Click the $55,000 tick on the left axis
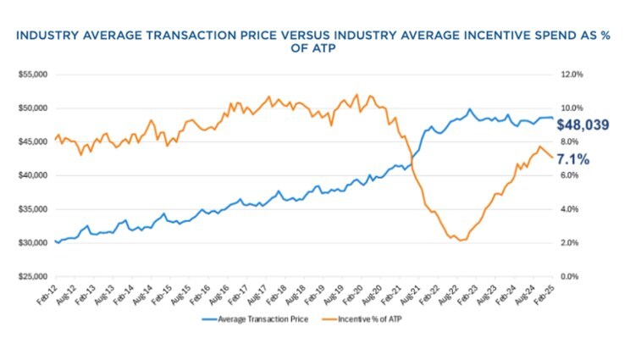click(x=30, y=75)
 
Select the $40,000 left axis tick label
click(x=30, y=175)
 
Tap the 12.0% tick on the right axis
click(x=572, y=75)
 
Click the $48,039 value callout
click(x=583, y=125)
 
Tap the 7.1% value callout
click(x=573, y=159)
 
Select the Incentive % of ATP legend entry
click(x=378, y=318)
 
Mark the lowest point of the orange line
click(x=460, y=241)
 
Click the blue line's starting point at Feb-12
click(x=55, y=241)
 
